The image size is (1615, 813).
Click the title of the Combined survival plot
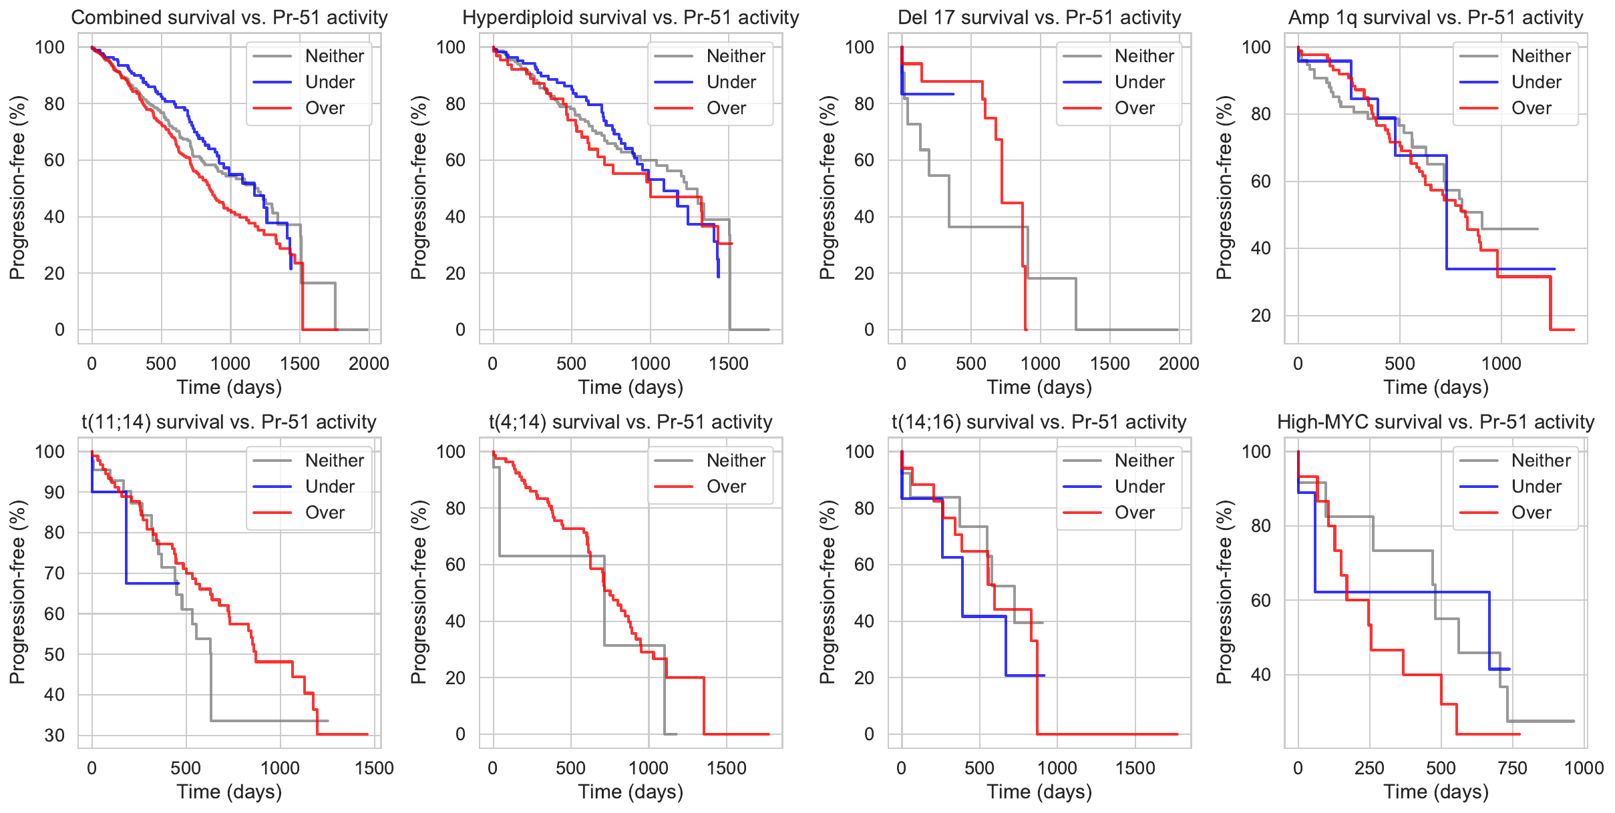229,17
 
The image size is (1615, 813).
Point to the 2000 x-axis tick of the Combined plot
369,364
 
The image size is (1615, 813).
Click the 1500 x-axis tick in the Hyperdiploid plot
729,364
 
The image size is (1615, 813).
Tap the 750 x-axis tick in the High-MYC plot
1512,768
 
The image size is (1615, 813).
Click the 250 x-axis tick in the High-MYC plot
1369,768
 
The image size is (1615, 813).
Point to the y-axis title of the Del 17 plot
827,188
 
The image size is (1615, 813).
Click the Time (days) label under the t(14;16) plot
1039,792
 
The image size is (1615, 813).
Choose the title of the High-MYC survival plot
1435,422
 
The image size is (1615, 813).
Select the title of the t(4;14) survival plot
631,422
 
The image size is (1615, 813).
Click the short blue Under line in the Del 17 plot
928,94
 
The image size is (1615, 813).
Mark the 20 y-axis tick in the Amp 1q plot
1260,316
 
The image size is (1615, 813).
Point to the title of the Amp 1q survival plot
1435,17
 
